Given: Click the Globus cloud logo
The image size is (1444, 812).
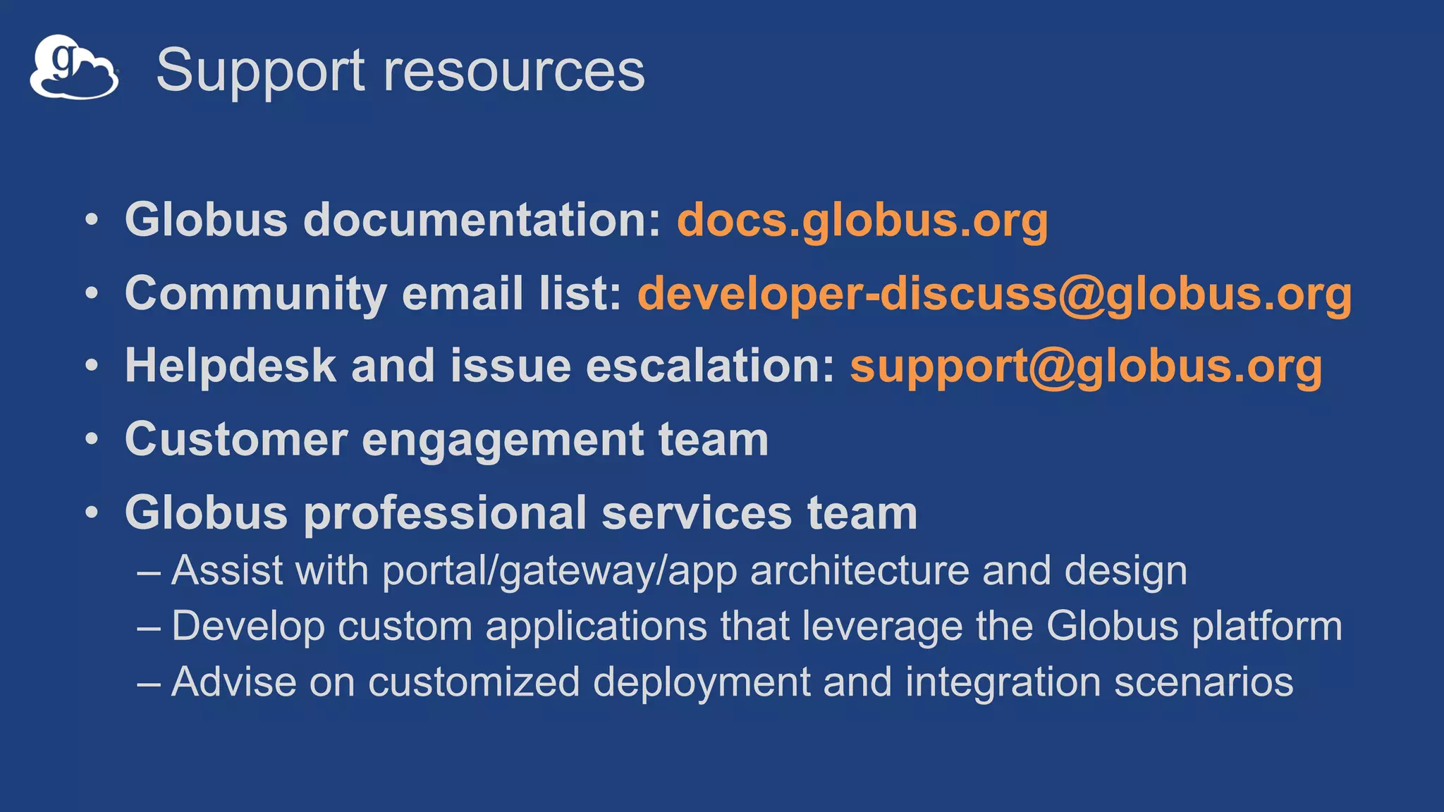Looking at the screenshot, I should (73, 68).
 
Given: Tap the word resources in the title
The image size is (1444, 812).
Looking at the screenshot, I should (514, 70).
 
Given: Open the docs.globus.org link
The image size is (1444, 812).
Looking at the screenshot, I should (862, 220).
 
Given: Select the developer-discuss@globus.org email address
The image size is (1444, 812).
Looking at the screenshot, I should (994, 293).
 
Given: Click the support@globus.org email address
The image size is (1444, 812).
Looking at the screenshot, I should (1086, 367).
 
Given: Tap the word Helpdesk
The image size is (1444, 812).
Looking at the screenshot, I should (231, 367).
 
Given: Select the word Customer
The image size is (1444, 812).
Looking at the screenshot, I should (236, 440).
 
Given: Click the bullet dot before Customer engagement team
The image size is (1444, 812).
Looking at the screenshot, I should (92, 439).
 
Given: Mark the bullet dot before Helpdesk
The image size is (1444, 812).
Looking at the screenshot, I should (92, 366).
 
